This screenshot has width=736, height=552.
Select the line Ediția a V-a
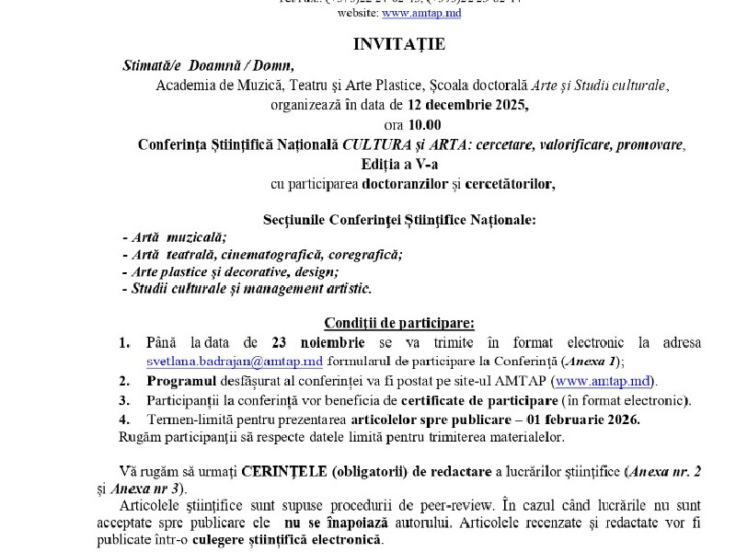412,164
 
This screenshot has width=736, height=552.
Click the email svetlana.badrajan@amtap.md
235,362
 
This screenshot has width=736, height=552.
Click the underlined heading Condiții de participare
399,322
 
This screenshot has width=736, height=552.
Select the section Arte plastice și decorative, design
231,271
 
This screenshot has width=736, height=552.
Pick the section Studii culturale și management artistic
247,289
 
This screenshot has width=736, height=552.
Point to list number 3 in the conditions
124,400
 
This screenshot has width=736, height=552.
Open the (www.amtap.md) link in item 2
606,381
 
